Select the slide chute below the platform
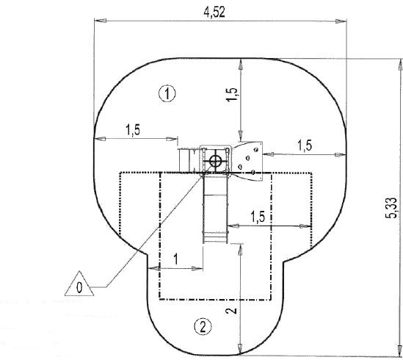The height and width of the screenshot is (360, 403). [x=217, y=209]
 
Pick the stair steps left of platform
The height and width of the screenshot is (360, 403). [x=188, y=159]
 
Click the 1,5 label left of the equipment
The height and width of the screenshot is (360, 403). [x=134, y=130]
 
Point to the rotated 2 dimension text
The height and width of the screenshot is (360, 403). [x=231, y=312]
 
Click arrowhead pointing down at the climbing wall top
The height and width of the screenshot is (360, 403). [x=241, y=137]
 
